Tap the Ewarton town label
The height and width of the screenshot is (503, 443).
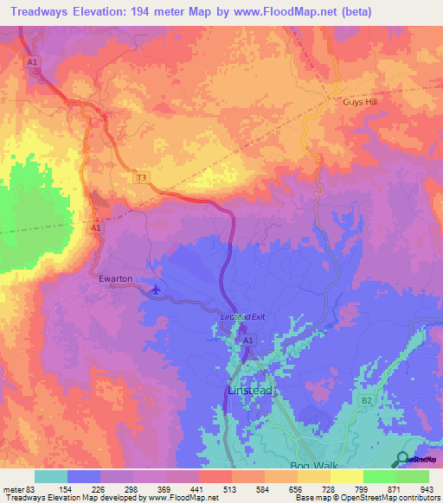[x=116, y=279]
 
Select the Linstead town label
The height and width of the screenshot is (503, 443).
[x=248, y=391]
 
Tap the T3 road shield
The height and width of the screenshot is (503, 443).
[x=141, y=177]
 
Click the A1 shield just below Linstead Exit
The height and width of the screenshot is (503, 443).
[x=247, y=341]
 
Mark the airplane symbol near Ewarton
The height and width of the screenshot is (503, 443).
[x=155, y=289]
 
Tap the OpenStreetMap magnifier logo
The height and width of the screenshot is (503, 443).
[x=401, y=458]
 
